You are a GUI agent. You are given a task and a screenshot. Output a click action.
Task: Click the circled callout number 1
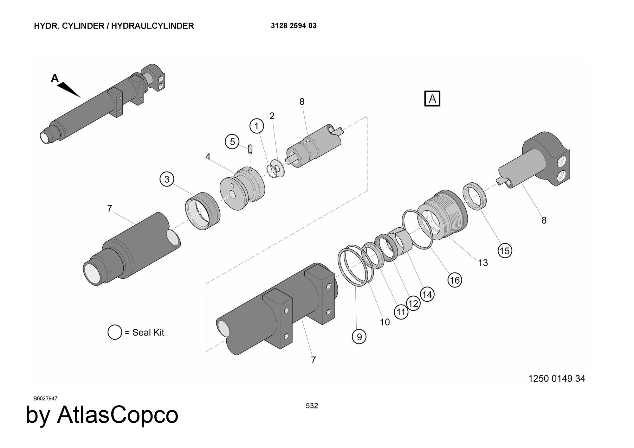pos(257,126)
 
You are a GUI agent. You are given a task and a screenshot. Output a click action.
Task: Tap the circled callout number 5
pos(232,142)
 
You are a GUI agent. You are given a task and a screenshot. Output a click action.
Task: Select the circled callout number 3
pos(167,179)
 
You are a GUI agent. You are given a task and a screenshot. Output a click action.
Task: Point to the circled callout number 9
pos(359,337)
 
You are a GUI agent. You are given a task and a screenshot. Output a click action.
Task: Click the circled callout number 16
pos(455,280)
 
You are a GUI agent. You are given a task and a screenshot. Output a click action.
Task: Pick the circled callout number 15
pos(505,251)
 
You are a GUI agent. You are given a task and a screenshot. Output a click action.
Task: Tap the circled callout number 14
pos(427,295)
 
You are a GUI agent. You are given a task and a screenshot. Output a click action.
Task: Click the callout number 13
pos(483,263)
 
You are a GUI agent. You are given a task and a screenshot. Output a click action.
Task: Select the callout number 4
pos(208,157)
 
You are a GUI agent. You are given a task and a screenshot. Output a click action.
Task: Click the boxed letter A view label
pos(432,98)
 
